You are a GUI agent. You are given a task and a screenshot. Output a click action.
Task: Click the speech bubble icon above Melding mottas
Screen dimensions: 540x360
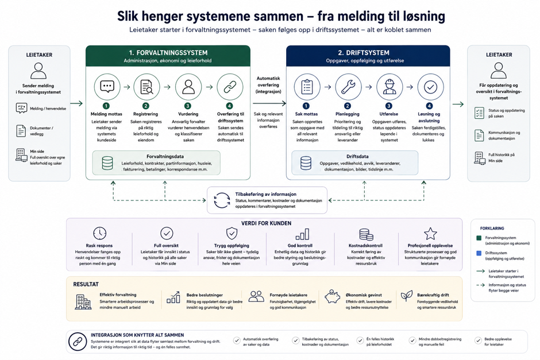pos(107,86)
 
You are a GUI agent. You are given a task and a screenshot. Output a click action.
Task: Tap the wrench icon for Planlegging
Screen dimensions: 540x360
pos(348,87)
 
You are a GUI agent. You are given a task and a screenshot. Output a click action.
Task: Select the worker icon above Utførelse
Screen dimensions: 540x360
pos(389,87)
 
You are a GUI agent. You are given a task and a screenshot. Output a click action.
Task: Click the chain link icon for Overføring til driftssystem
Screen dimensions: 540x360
pos(230,87)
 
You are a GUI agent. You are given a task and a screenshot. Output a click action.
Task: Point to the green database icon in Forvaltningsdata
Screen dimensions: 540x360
pos(107,163)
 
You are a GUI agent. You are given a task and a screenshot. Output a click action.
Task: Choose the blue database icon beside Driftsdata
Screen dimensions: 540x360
pos(306,163)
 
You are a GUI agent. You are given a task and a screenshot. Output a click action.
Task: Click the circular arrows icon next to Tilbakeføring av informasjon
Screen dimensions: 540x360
pos(222,200)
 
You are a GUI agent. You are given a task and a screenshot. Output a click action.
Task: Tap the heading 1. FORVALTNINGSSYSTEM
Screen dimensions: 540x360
pos(168,53)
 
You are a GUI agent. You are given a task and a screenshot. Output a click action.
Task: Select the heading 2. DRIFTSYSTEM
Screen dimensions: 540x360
pos(364,53)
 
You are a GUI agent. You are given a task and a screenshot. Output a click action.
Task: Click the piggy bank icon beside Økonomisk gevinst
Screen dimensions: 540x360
pos(333,296)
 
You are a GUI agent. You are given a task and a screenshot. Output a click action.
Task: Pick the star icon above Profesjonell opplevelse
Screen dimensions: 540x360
pos(430,234)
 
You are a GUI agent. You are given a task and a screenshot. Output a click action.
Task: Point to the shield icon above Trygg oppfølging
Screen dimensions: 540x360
pos(232,233)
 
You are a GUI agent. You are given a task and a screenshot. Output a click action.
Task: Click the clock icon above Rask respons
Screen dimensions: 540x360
pos(100,233)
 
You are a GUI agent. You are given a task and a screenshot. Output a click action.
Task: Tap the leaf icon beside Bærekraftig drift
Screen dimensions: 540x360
pos(407,296)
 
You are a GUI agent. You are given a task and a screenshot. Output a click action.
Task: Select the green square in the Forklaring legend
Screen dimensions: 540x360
pos(479,238)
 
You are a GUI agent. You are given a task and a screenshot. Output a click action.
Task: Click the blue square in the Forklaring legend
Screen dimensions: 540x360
pos(479,253)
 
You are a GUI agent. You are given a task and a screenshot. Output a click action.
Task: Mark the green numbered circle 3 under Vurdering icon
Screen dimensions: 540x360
pos(188,106)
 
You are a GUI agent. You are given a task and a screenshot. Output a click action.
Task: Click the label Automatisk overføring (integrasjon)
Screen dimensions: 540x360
pos(268,85)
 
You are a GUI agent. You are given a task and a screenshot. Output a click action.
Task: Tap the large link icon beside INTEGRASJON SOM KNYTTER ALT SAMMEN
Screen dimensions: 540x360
pos(78,342)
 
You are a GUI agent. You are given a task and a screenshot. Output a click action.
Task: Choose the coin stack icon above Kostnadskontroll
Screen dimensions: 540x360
pos(366,234)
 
